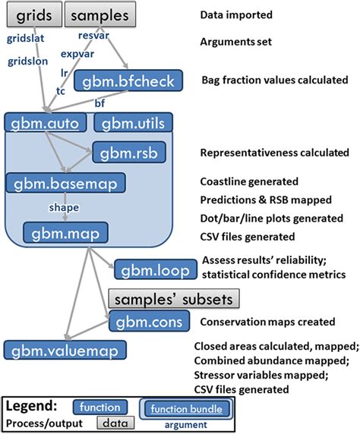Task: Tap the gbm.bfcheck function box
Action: [x=150, y=82]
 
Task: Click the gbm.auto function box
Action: [x=44, y=122]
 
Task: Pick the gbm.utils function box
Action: [x=133, y=122]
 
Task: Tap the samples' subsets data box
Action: [x=174, y=297]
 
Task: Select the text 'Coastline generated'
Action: [x=249, y=182]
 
